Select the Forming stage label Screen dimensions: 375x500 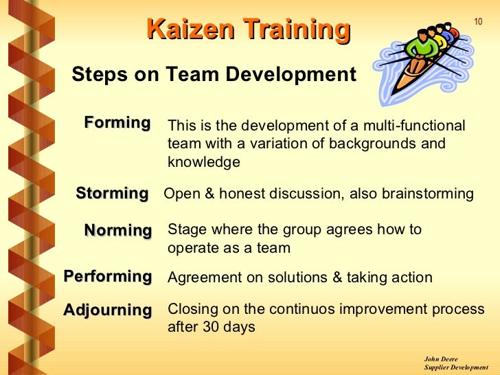click(117, 124)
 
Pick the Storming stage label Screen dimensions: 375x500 click(112, 194)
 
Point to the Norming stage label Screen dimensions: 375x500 click(117, 230)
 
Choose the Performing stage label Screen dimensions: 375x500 click(108, 277)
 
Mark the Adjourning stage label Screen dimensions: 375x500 click(108, 310)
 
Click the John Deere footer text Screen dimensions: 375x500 click(441, 359)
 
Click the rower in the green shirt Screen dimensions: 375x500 click(420, 48)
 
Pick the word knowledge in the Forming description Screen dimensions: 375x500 click(204, 162)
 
